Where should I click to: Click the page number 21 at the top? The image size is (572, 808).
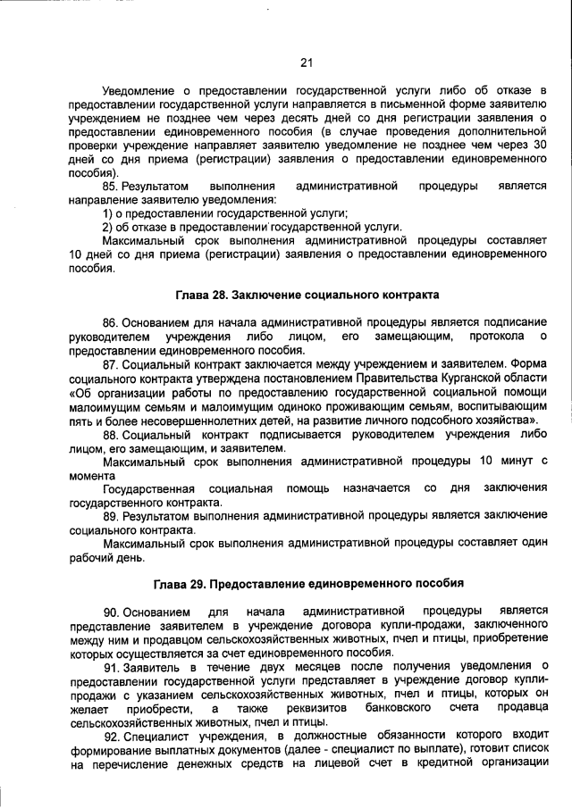click(x=305, y=62)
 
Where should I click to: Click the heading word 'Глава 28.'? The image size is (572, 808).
click(x=202, y=295)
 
